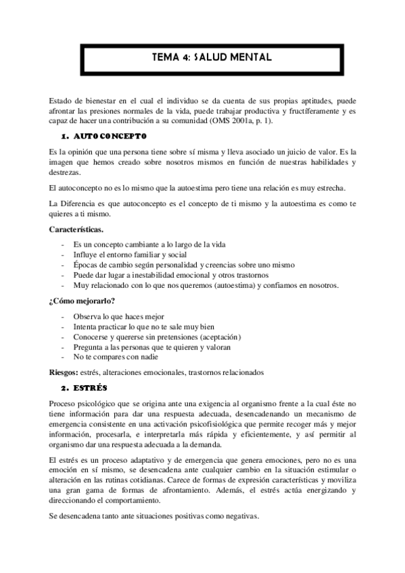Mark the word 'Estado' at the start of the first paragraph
tap(64, 100)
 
